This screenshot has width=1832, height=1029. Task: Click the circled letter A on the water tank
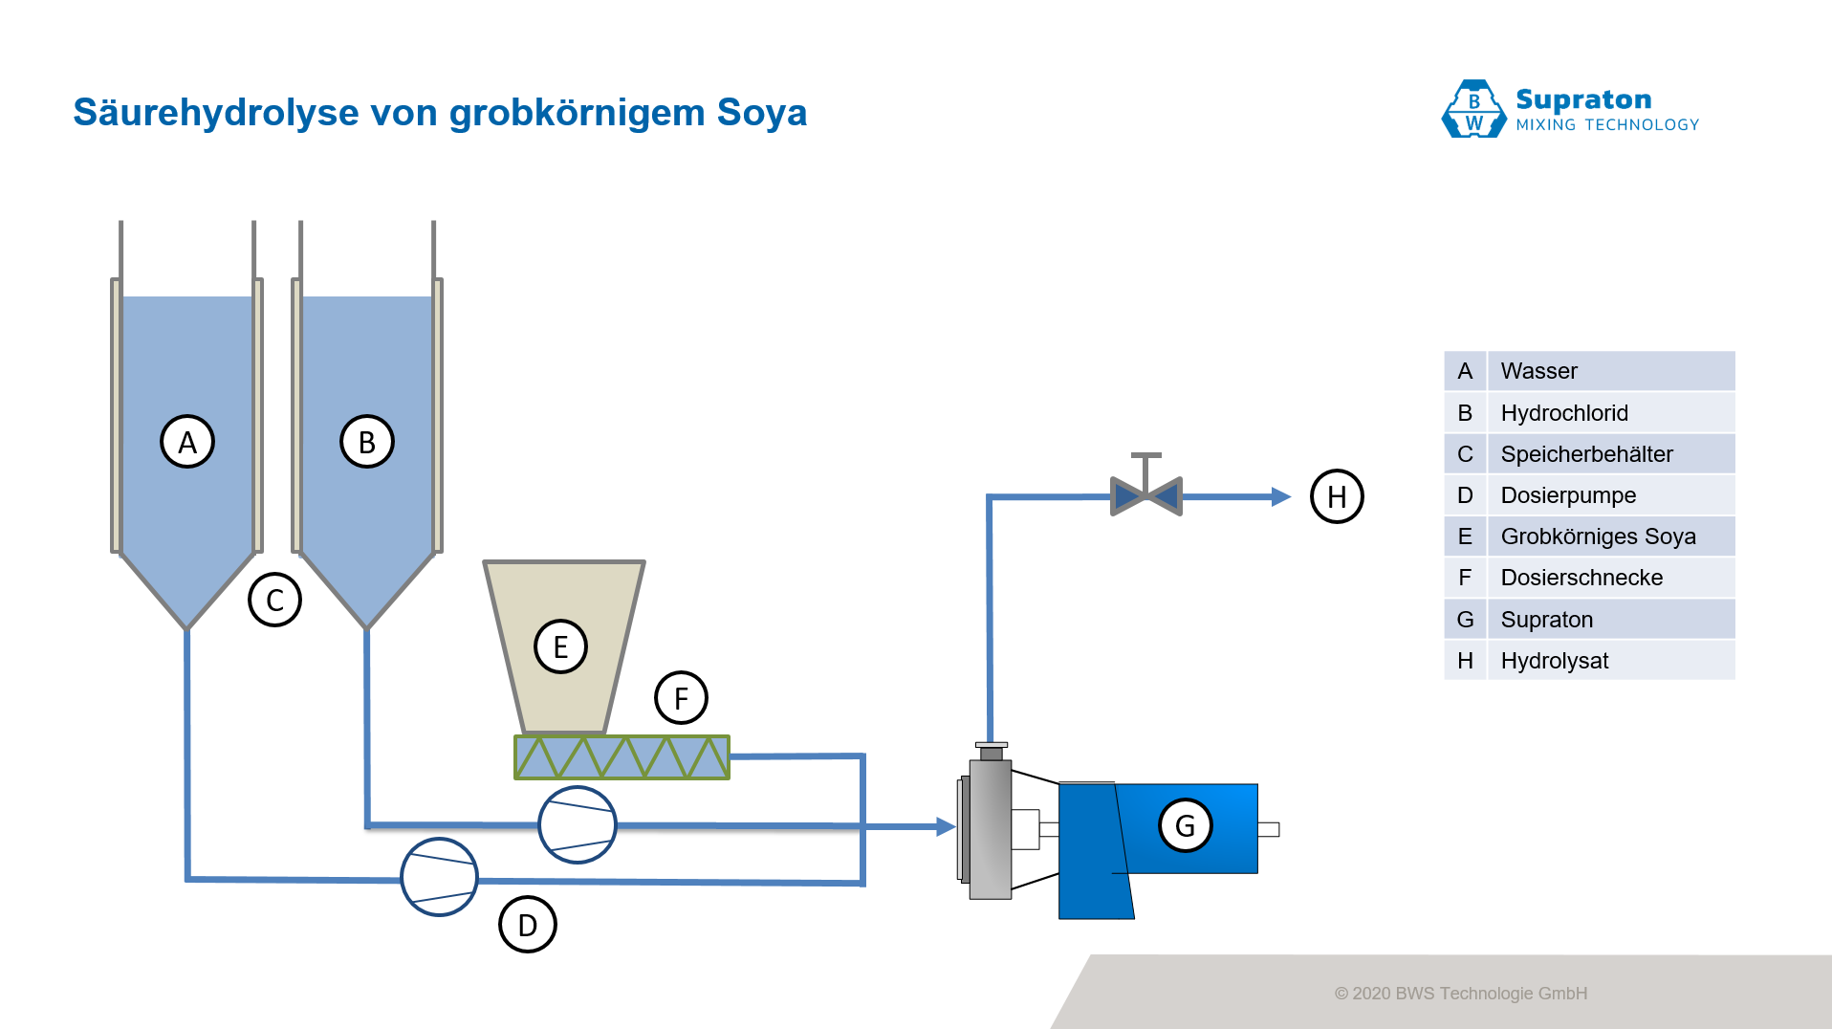[x=187, y=442]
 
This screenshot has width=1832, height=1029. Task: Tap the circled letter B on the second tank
[x=367, y=442]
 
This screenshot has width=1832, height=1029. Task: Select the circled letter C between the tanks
[x=275, y=600]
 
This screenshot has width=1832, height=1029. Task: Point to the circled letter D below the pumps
[x=528, y=925]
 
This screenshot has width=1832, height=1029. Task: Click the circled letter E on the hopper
[x=560, y=646]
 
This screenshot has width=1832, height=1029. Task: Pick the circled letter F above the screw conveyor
[x=681, y=698]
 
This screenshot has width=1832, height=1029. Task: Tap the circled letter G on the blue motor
[x=1186, y=825]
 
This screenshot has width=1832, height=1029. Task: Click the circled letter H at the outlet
[x=1337, y=496]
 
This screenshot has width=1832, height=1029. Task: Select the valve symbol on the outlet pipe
[x=1146, y=494]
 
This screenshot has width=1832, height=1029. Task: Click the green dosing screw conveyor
[x=622, y=757]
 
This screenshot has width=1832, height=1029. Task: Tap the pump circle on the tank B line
[x=578, y=824]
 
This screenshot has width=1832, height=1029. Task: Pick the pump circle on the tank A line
[x=439, y=877]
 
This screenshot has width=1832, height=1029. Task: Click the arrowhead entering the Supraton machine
[x=946, y=826]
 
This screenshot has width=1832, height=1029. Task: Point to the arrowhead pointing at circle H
[x=1281, y=496]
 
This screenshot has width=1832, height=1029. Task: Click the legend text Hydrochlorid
[x=1564, y=413]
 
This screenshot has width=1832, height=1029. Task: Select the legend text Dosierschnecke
[x=1581, y=578]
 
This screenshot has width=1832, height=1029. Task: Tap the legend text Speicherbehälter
[x=1586, y=454]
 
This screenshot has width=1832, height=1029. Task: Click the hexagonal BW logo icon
[x=1473, y=110]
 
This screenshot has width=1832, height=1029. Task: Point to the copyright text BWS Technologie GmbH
[x=1491, y=994]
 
